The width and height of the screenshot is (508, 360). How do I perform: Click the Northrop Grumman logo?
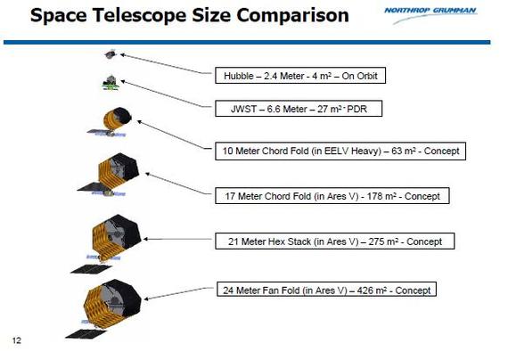[430, 13]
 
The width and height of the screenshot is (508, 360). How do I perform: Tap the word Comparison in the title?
[292, 15]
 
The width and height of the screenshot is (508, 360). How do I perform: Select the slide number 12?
[17, 340]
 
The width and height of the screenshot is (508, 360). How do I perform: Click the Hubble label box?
[300, 76]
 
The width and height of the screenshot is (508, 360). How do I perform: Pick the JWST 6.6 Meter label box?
[299, 109]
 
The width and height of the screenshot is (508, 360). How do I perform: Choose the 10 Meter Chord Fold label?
[340, 151]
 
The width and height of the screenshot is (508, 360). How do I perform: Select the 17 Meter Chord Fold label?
[332, 196]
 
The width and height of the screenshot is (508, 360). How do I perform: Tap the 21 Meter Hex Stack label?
[335, 241]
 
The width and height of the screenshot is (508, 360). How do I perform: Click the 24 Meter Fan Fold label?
[326, 290]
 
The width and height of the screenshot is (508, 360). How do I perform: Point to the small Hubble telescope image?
[111, 54]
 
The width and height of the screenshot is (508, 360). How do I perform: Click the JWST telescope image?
[111, 83]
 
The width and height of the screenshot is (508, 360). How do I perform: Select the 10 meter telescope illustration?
[111, 122]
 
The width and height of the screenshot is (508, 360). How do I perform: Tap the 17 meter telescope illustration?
[109, 175]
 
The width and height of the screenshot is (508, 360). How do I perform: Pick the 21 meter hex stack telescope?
[106, 243]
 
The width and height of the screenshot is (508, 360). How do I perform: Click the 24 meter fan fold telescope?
[103, 308]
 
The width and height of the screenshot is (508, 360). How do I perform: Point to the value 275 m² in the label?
[383, 241]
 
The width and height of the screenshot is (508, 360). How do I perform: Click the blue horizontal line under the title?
[247, 42]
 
